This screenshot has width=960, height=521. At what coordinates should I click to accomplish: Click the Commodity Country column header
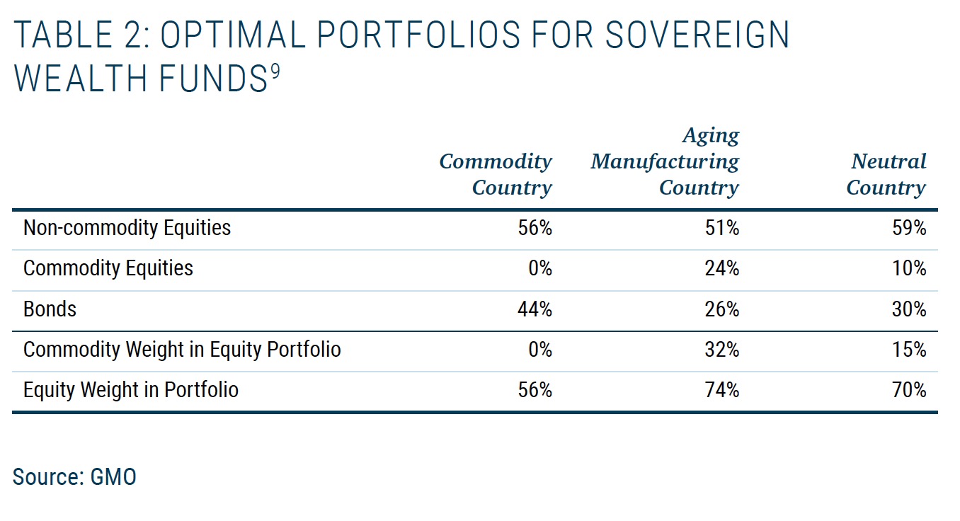click(496, 174)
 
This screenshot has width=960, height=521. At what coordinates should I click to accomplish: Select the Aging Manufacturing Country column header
click(665, 161)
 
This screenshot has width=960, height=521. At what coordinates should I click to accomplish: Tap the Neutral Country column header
click(886, 174)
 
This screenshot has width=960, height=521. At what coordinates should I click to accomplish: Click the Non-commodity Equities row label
click(127, 228)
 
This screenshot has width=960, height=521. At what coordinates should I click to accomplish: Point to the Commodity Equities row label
click(108, 268)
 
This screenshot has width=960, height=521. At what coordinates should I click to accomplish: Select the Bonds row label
click(50, 309)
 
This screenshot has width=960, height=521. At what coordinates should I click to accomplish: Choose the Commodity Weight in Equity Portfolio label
click(182, 350)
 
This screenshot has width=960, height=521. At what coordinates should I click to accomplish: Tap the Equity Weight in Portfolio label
click(131, 390)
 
